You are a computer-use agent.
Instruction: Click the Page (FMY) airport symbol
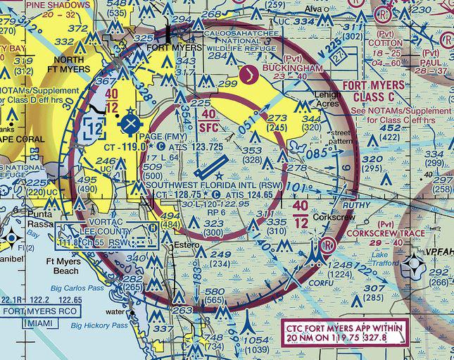pyautogui.click(x=130, y=125)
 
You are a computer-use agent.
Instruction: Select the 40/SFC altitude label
pyautogui.click(x=208, y=120)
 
